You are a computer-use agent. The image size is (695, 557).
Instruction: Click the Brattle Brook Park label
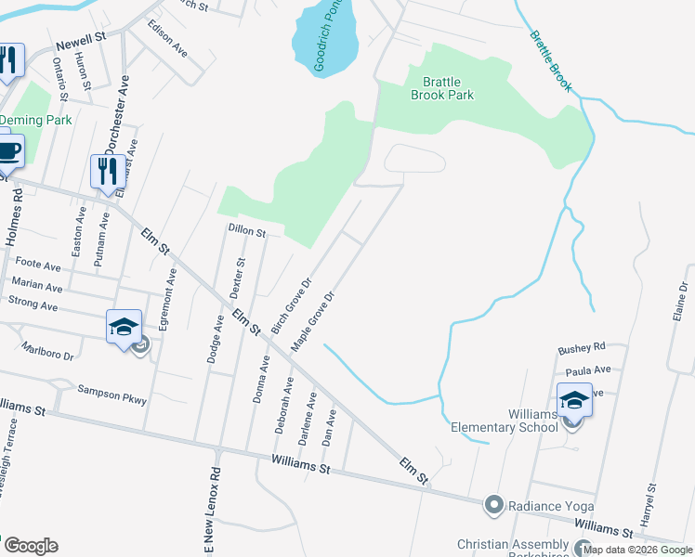(442, 88)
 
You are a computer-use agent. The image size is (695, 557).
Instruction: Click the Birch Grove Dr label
(291, 304)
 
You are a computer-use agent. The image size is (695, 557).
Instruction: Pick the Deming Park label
(35, 120)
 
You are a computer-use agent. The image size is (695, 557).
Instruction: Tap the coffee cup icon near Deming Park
(7, 152)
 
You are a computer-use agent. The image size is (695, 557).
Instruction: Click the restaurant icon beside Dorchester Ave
(107, 172)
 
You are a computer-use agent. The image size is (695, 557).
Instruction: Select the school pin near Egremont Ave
(125, 328)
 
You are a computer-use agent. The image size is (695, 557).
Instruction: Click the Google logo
(30, 546)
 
